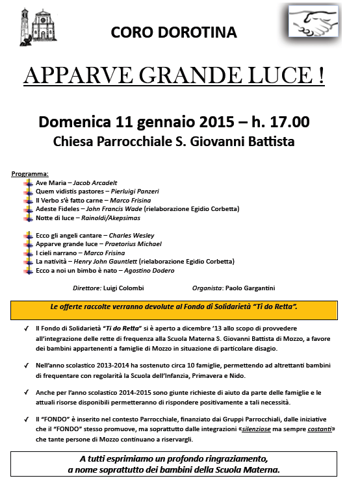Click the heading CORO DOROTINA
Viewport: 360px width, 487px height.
click(x=174, y=32)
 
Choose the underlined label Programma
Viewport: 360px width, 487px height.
click(x=30, y=174)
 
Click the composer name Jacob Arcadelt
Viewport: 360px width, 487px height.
click(x=96, y=182)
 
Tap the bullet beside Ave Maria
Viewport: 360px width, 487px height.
click(x=27, y=183)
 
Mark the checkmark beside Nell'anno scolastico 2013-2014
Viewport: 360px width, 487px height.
click(x=25, y=366)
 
